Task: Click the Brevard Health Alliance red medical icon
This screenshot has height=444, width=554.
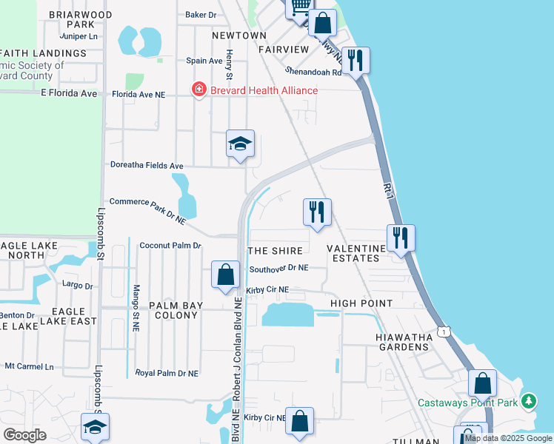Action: point(198,90)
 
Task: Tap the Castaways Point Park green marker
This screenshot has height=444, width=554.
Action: point(528,403)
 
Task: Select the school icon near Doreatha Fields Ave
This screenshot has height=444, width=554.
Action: point(240,144)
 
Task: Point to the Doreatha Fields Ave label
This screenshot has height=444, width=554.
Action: point(146,165)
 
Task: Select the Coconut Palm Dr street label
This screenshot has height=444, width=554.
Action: point(170,245)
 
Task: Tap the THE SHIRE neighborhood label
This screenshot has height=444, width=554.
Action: point(276,252)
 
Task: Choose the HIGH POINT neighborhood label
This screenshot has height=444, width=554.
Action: point(361,303)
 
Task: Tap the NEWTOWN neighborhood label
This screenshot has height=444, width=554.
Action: point(238,36)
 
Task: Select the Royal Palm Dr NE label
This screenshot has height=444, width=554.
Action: point(167,374)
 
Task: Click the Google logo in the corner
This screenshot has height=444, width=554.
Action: point(24,434)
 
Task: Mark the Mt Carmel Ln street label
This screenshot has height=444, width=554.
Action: point(30,366)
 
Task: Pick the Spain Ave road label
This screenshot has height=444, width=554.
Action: point(204,61)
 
